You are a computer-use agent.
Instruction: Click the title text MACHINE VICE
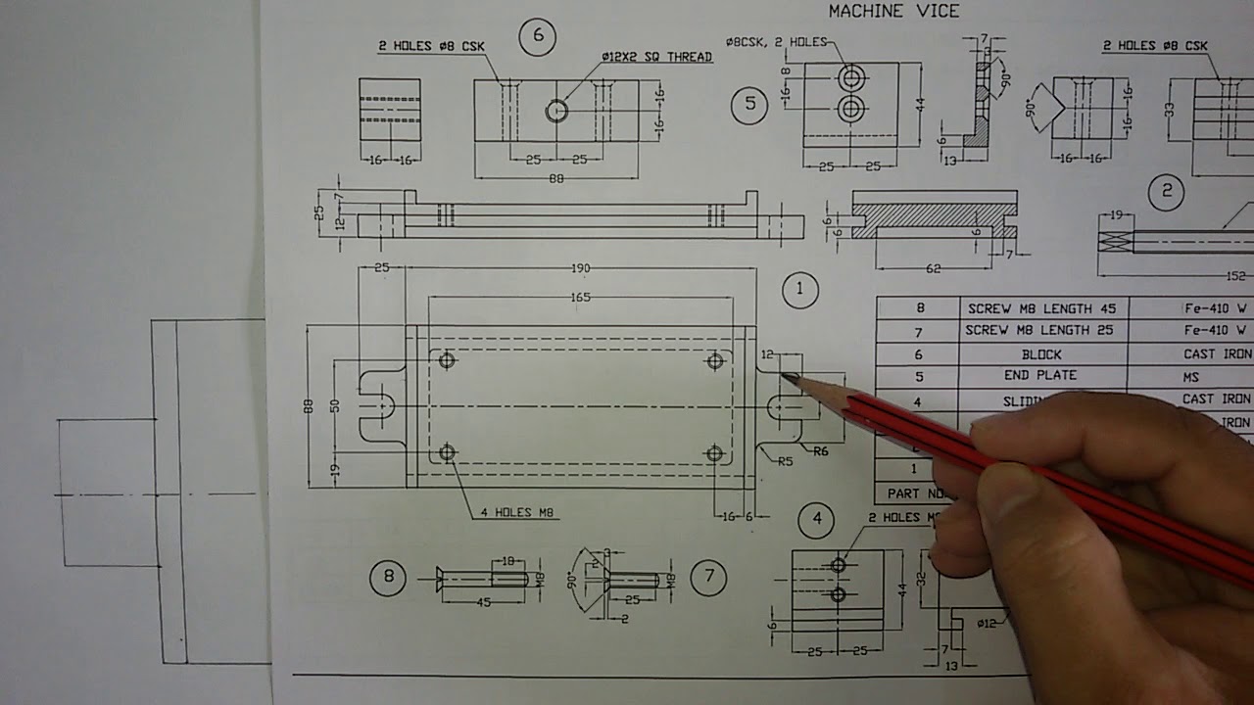(893, 12)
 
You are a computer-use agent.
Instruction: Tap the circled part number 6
(537, 37)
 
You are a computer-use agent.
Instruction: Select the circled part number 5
(749, 106)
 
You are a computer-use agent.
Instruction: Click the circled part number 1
(800, 289)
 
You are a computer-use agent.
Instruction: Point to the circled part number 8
(388, 578)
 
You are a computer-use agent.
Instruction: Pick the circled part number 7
(708, 578)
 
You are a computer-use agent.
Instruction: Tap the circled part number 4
(817, 520)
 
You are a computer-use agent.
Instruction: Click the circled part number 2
(1166, 191)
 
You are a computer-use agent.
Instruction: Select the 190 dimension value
(580, 269)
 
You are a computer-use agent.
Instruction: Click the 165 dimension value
(580, 297)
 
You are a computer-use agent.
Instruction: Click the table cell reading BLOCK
(1040, 354)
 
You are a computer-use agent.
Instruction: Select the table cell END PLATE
(1040, 376)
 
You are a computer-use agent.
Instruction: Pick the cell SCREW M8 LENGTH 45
(1040, 308)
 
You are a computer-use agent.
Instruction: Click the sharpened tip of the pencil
(784, 375)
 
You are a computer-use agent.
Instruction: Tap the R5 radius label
(785, 461)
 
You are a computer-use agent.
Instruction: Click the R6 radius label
(821, 450)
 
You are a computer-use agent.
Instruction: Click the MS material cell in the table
(1190, 377)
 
